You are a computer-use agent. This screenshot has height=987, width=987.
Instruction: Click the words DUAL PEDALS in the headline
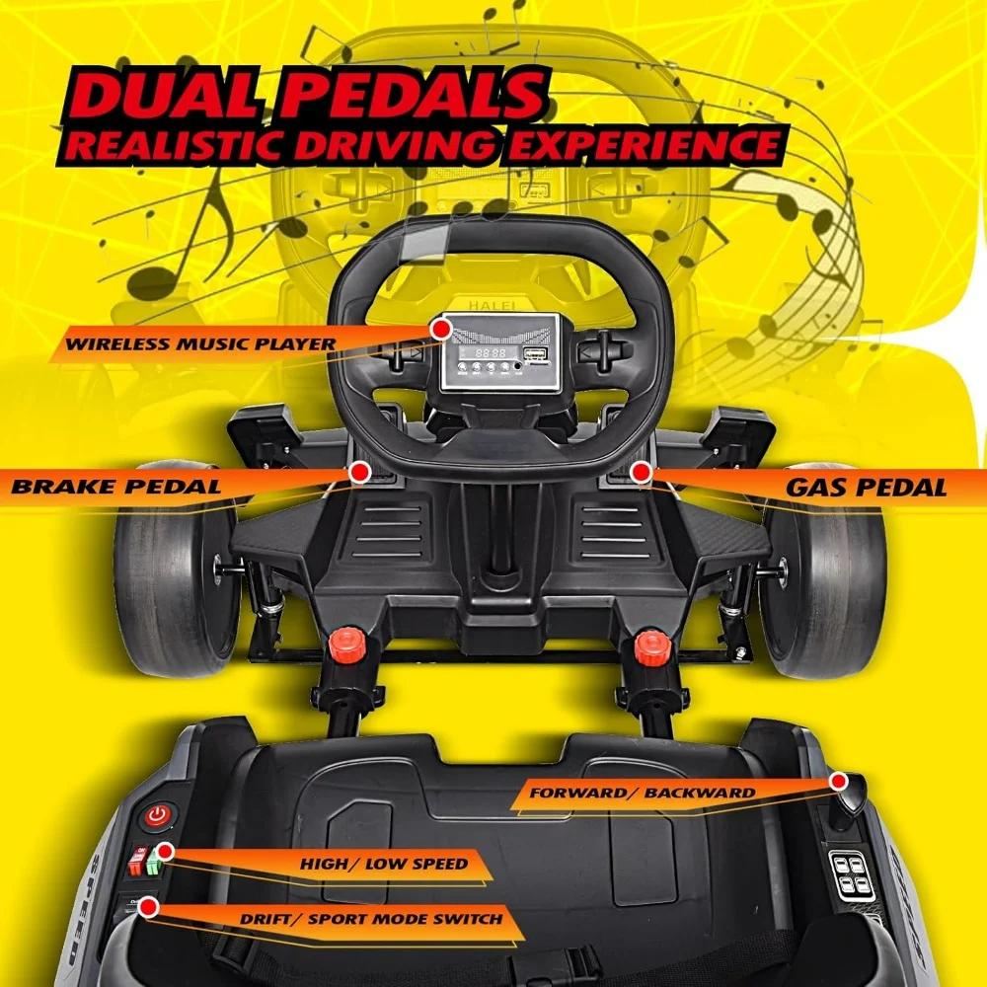pos(308,95)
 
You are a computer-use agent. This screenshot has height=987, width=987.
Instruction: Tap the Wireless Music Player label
pos(200,343)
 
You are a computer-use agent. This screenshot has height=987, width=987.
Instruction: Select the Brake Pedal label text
pos(116,486)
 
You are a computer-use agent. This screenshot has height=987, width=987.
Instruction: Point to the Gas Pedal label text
pos(867,488)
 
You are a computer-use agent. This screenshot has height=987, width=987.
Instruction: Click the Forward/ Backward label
pos(643,793)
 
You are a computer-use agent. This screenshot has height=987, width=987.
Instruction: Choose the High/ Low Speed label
pos(384,864)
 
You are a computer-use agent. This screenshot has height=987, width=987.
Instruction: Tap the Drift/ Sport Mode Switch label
pos(371,919)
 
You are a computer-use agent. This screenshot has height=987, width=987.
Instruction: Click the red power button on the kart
pos(158,816)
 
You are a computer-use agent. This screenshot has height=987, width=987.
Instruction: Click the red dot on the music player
pos(442,329)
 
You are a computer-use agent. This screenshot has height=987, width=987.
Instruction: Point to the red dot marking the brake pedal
pos(359,472)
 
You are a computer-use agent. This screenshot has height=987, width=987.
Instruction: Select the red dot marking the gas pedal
pos(641,472)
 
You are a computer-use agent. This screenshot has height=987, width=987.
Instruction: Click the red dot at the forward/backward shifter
pos(838,782)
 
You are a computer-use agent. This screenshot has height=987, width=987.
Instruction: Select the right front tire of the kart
pos(821,571)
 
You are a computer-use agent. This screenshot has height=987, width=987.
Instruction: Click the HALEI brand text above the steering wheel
pos(492,305)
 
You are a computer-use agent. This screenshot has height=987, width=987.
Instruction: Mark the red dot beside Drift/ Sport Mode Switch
pos(149,907)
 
